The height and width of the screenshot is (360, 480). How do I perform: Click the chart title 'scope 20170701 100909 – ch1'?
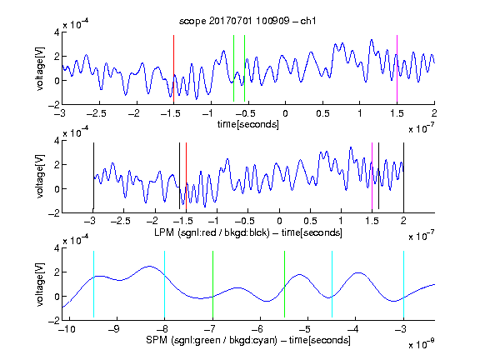[247, 21]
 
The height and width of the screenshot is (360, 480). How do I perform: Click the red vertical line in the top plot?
[173, 68]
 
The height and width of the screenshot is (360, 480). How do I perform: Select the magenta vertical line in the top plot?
[397, 68]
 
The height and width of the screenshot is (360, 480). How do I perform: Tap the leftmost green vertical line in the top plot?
[234, 68]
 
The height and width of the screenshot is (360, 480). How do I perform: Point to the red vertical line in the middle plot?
[186, 176]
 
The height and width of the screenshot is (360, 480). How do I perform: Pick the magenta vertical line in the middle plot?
[372, 176]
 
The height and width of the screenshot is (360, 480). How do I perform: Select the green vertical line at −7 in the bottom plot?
[212, 284]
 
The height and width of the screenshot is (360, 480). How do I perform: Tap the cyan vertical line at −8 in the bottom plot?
[164, 285]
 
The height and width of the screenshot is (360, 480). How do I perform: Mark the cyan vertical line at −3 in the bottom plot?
[403, 285]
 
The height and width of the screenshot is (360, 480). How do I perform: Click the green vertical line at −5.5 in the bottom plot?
[284, 284]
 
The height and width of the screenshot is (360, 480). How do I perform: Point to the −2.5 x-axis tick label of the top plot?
[97, 113]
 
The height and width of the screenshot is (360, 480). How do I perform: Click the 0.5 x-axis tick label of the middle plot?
[310, 221]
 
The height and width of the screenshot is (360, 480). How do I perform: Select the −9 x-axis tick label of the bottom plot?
[114, 329]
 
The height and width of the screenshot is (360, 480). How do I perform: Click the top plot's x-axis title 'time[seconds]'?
[248, 124]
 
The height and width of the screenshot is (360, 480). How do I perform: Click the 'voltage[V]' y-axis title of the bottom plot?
[40, 284]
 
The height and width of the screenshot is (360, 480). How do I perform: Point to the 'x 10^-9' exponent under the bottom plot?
[422, 343]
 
